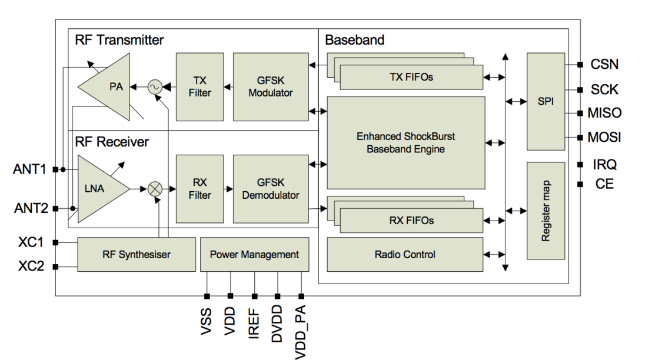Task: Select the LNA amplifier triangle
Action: (99, 189)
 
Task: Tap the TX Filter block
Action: (199, 87)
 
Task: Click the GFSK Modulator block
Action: (271, 87)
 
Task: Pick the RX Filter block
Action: (199, 189)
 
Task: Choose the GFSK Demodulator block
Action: (271, 189)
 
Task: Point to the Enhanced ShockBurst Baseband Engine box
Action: (405, 143)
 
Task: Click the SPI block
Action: (545, 101)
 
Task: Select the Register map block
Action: (545, 211)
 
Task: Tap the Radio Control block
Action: (405, 255)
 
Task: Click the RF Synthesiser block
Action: (137, 255)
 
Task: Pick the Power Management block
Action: (255, 255)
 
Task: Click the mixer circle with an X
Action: (155, 189)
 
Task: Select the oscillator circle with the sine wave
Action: (155, 87)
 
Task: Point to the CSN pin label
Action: (604, 64)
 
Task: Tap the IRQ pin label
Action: (604, 164)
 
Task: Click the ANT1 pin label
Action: (29, 169)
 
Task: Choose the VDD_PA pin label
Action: (300, 332)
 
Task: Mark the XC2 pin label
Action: (31, 266)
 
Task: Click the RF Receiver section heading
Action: (112, 142)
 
